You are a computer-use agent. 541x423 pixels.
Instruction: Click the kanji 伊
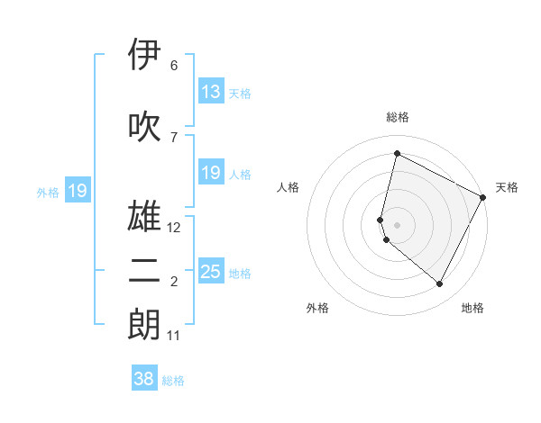click(145, 56)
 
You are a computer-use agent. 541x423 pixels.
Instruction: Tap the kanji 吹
click(145, 126)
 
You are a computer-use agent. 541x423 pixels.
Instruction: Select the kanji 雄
click(145, 217)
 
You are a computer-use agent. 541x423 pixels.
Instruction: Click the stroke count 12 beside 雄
click(174, 228)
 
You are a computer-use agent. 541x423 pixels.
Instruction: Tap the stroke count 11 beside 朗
click(174, 336)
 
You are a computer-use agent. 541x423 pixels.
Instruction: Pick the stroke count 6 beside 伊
click(173, 66)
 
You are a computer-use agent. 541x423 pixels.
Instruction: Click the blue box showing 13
click(210, 92)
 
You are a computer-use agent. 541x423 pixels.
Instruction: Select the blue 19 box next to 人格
click(210, 173)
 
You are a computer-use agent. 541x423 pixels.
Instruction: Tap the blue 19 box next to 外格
click(77, 191)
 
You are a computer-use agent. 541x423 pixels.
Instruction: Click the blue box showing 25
click(210, 272)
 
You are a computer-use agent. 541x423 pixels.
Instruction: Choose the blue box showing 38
click(143, 379)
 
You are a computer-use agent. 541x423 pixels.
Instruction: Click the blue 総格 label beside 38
click(173, 381)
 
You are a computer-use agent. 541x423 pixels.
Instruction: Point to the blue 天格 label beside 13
click(240, 93)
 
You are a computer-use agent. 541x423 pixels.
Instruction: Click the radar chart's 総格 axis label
click(398, 117)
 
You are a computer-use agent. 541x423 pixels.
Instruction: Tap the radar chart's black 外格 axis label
click(317, 308)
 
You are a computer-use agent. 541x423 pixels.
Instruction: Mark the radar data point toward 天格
click(483, 197)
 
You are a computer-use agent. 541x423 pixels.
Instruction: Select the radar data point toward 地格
click(440, 284)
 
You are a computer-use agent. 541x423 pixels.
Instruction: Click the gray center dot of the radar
click(398, 224)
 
